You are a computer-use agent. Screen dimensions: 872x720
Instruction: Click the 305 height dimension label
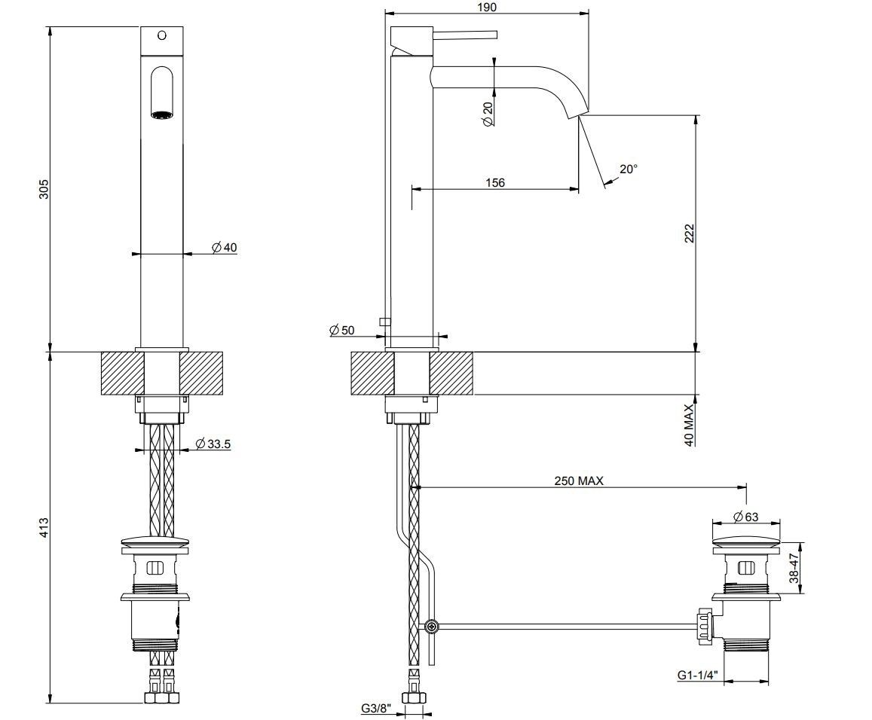pos(44,189)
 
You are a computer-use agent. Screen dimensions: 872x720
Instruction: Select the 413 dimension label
pos(44,528)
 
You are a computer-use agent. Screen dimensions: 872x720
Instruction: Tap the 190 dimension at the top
pos(487,8)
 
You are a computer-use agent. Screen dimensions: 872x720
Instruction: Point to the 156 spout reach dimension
pos(495,182)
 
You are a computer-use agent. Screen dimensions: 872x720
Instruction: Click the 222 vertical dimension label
pos(690,233)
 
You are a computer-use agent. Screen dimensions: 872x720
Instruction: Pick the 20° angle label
pos(629,169)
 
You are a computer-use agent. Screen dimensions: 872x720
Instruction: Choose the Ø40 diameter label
pos(224,247)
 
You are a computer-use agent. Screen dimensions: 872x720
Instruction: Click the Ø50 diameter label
pos(341,330)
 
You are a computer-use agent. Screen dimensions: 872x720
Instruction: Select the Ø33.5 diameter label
pos(213,444)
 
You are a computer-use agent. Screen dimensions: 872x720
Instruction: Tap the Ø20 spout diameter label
pos(488,114)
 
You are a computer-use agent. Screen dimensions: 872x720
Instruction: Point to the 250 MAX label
pos(578,481)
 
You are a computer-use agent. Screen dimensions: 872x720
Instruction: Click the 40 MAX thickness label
pos(690,425)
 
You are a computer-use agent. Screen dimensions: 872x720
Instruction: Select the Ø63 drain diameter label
pos(746,517)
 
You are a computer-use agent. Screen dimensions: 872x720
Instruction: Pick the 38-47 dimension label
pos(794,568)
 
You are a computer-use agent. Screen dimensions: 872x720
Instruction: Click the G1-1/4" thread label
pos(697,675)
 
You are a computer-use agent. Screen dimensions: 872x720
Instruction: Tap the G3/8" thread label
pos(377,709)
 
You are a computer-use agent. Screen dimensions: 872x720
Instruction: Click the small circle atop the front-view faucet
pos(162,35)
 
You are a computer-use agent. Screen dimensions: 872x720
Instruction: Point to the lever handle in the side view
pos(465,35)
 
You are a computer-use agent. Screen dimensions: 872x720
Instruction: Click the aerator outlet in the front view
pos(162,115)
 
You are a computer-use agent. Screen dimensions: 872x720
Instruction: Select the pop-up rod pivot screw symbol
pos(432,627)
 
